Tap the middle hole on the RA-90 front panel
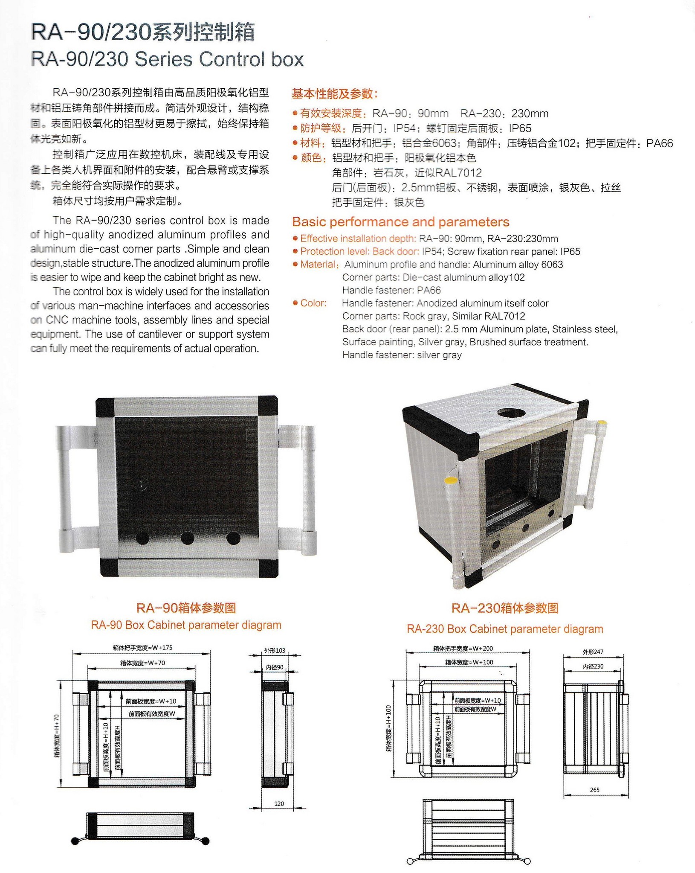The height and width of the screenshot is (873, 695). [x=187, y=538]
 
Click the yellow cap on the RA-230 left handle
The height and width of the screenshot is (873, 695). [x=450, y=480]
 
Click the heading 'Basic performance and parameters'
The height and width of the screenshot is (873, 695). [x=400, y=222]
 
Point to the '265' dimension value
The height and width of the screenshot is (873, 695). [x=594, y=790]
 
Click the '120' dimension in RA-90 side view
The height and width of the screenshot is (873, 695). [x=279, y=803]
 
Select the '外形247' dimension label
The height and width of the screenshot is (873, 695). [x=593, y=652]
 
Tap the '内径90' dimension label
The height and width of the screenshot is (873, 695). [x=275, y=667]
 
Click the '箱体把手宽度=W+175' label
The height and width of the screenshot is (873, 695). [x=142, y=647]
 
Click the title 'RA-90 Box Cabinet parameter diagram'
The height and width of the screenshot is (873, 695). [x=186, y=625]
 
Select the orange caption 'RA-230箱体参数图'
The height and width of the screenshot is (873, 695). [x=505, y=608]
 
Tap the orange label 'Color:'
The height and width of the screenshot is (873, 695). [x=313, y=303]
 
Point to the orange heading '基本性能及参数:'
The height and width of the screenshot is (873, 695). [x=335, y=93]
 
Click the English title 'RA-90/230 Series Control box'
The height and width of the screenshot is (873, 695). [x=167, y=59]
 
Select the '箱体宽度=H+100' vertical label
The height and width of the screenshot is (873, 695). [x=388, y=728]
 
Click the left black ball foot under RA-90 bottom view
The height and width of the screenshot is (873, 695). [x=75, y=841]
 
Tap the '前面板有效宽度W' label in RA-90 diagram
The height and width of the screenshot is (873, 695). [x=152, y=713]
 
